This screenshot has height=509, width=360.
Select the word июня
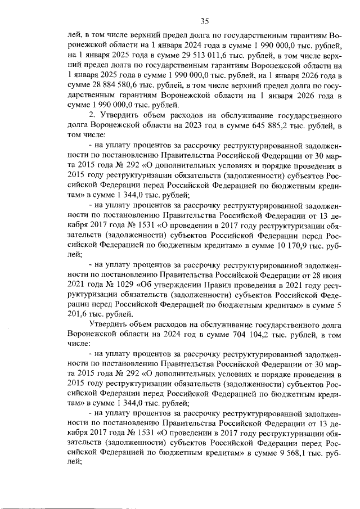pos(326,274)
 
